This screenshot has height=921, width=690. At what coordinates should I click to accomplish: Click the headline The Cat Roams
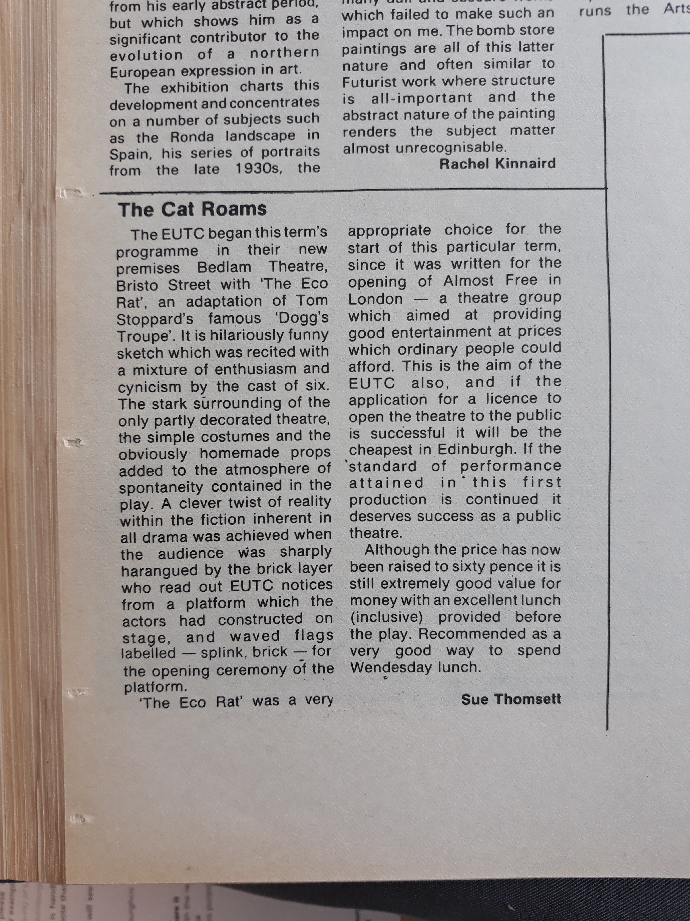coord(192,209)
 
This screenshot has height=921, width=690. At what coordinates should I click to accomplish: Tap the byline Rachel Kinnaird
coord(497,164)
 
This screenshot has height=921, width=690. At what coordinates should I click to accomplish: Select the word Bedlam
coord(224,267)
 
